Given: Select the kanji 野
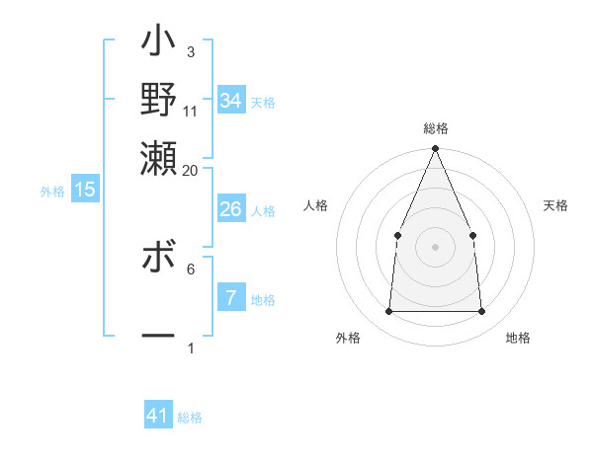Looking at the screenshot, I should pyautogui.click(x=158, y=100).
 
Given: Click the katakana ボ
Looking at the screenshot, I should pyautogui.click(x=158, y=262).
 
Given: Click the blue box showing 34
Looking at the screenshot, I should pyautogui.click(x=230, y=101).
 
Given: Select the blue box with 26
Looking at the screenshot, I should pyautogui.click(x=230, y=209).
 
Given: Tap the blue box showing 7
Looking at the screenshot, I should pyautogui.click(x=230, y=298).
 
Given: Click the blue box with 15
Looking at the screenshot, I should pyautogui.click(x=84, y=191).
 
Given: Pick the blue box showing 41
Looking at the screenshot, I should pyautogui.click(x=158, y=417).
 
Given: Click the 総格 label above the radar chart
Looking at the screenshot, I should pyautogui.click(x=435, y=129).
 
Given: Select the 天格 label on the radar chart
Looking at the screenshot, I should pyautogui.click(x=555, y=205).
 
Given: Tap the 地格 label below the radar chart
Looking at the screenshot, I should pyautogui.click(x=518, y=338).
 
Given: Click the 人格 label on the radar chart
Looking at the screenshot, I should pyautogui.click(x=315, y=205).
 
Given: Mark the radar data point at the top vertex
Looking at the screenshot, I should pyautogui.click(x=435, y=149).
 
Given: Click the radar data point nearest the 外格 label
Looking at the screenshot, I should pyautogui.click(x=388, y=312).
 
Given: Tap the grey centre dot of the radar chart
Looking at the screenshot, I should pyautogui.click(x=435, y=247).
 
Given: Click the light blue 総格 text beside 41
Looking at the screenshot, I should pyautogui.click(x=190, y=418).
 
